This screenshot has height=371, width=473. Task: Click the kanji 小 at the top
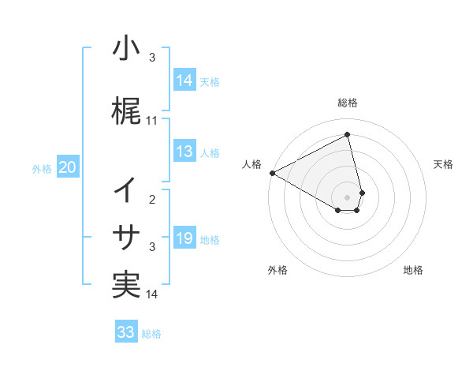click(x=125, y=49)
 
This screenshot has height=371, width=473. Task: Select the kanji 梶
click(x=125, y=111)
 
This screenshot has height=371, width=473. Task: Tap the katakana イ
click(x=125, y=190)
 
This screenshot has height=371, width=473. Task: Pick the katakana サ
click(x=125, y=238)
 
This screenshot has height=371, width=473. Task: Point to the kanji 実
click(x=125, y=285)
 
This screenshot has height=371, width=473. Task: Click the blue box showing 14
click(x=184, y=80)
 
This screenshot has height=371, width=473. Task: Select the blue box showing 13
click(x=184, y=152)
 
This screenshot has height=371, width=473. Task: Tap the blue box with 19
click(x=184, y=238)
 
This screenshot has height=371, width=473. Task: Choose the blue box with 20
click(x=68, y=167)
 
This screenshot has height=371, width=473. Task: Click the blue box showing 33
click(x=125, y=332)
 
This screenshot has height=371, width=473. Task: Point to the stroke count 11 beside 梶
click(x=152, y=121)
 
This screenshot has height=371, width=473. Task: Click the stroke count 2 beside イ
click(x=152, y=200)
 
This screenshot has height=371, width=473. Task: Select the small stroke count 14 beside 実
click(x=152, y=294)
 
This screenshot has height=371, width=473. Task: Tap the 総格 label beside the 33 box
click(x=151, y=334)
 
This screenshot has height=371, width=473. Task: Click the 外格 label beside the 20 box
click(x=42, y=168)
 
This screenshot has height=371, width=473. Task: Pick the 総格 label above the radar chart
click(x=348, y=103)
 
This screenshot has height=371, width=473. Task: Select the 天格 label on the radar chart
click(x=443, y=164)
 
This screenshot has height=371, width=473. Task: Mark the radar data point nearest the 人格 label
click(x=272, y=172)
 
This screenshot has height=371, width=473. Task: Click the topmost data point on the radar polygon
click(x=348, y=134)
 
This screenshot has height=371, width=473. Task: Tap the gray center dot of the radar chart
click(x=348, y=197)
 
